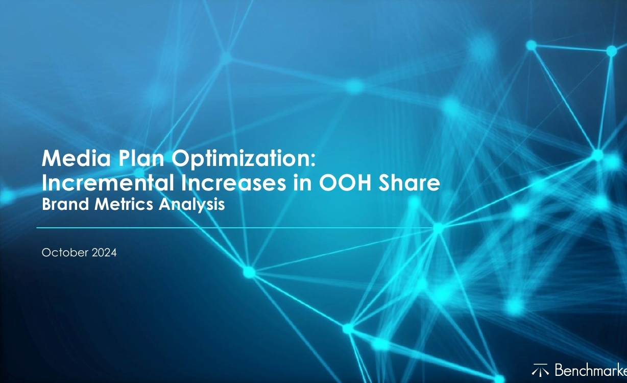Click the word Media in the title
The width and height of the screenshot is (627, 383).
coord(76,158)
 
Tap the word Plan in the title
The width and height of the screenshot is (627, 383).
coord(141,158)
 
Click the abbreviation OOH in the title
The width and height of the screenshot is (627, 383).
coord(345,183)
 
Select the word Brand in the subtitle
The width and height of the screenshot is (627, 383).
coord(65,204)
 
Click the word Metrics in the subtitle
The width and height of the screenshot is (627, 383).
coord(124,204)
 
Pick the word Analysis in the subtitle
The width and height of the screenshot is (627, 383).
coord(192,205)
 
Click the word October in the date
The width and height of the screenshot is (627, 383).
coord(65,253)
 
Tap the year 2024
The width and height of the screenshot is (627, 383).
coord(104,253)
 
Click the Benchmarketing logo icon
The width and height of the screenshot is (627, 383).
coord(540,370)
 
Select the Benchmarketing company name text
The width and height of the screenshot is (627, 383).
coord(591,370)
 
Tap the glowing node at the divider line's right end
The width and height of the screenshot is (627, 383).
coord(439,228)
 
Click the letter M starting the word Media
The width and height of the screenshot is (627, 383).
coord(51,158)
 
